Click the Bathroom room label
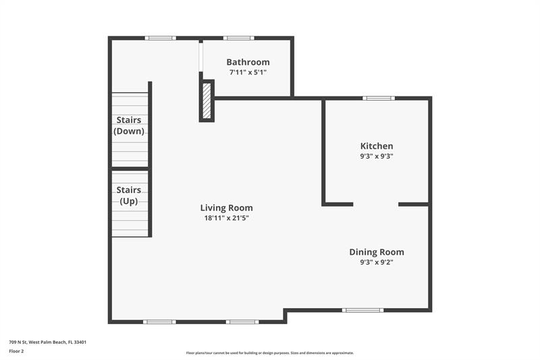pyautogui.click(x=248, y=62)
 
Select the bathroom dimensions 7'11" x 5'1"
pyautogui.click(x=248, y=72)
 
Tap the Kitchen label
pyautogui.click(x=377, y=146)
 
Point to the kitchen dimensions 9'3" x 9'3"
pyautogui.click(x=377, y=156)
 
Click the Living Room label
pyautogui.click(x=227, y=208)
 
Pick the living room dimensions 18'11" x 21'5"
pyautogui.click(x=227, y=218)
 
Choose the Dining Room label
pyautogui.click(x=377, y=252)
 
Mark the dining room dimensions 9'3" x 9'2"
pyautogui.click(x=377, y=262)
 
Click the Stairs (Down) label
pyautogui.click(x=129, y=126)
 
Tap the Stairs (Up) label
pyautogui.click(x=129, y=196)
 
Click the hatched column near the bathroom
pyautogui.click(x=207, y=101)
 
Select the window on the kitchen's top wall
pyautogui.click(x=379, y=99)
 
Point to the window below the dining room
pyautogui.click(x=362, y=310)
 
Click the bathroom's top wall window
pyautogui.click(x=239, y=38)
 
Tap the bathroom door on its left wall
pyautogui.click(x=200, y=57)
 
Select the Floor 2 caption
pyautogui.click(x=16, y=351)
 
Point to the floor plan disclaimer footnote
pyautogui.click(x=270, y=353)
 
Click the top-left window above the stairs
pyautogui.click(x=160, y=38)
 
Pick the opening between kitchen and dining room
pyautogui.click(x=375, y=204)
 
